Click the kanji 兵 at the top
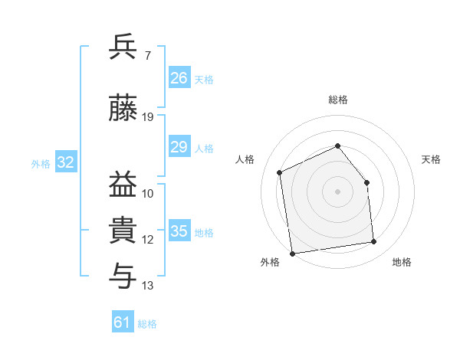(x=123, y=46)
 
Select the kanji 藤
(x=123, y=107)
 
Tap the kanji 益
(x=123, y=184)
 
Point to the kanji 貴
(x=123, y=230)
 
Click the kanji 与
(x=123, y=276)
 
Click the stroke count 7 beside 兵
(x=148, y=55)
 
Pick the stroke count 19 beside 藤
(x=147, y=117)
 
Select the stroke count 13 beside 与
(x=147, y=285)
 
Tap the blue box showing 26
(x=179, y=77)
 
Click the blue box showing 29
(x=179, y=146)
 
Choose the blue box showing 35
(x=179, y=230)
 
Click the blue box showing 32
(x=66, y=162)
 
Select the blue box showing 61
(x=123, y=321)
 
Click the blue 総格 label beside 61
(x=147, y=324)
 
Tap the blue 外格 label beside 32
(x=41, y=164)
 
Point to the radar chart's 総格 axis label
(x=338, y=100)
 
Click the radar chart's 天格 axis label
(x=431, y=159)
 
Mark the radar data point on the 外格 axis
(x=292, y=254)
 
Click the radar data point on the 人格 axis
(x=280, y=172)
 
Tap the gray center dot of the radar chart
(x=337, y=191)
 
